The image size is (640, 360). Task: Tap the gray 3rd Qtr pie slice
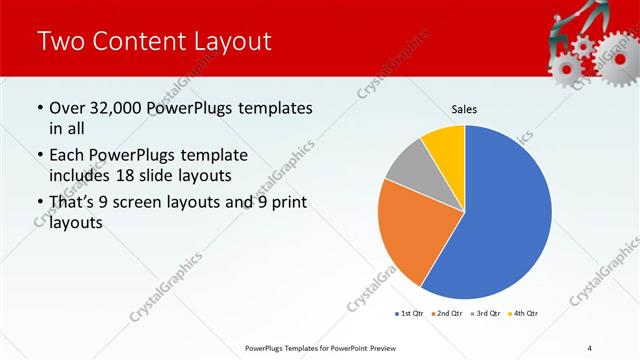pos(408,167)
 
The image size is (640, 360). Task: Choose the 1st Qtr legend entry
pos(410,313)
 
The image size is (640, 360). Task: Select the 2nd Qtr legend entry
pos(445,313)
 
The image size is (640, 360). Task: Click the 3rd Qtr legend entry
pos(485,313)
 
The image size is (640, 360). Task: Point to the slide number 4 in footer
pos(590,347)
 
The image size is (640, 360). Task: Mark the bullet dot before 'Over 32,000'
pos(39,108)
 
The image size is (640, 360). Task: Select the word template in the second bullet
pos(212,156)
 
